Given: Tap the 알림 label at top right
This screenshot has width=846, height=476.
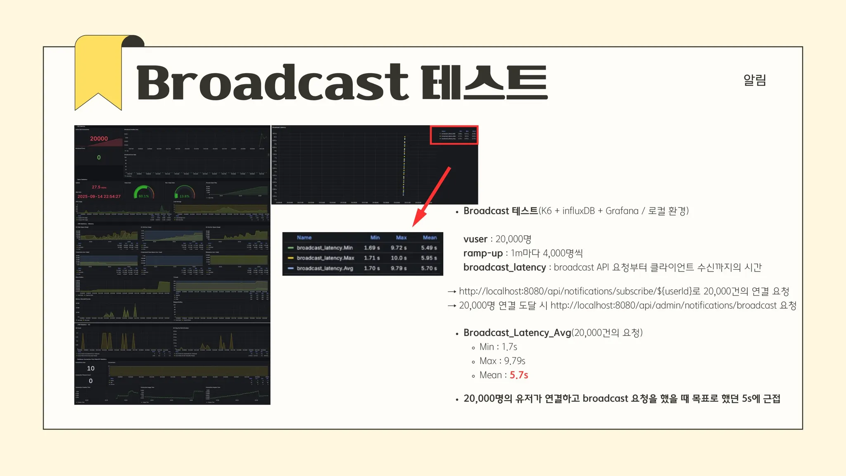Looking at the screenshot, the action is [754, 80].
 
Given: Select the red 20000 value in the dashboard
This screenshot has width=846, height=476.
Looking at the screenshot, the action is [99, 139].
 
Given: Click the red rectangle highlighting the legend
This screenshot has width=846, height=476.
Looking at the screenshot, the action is [454, 135].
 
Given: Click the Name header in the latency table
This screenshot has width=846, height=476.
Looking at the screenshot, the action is [304, 238].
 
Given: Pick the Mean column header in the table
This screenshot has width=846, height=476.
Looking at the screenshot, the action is [430, 238].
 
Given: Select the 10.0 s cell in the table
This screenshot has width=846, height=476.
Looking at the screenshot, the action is [399, 258].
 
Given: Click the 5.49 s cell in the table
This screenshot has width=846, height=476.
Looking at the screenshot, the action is [429, 248].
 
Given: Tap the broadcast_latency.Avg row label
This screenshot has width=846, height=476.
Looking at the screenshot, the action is [325, 268].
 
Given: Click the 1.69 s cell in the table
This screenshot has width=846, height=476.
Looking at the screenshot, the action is [372, 248].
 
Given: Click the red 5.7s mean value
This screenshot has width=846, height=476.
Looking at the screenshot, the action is [519, 375].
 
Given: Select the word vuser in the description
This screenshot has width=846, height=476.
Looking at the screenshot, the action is [475, 239].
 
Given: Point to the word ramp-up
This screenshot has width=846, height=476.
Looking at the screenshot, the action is [483, 253].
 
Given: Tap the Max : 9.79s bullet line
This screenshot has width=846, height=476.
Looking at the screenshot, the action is [502, 361].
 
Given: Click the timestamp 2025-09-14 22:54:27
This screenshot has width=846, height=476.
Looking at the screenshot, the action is [99, 196].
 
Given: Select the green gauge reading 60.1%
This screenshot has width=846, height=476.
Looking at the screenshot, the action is [144, 196].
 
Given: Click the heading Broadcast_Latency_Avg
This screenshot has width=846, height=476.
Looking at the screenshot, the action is [517, 333].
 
